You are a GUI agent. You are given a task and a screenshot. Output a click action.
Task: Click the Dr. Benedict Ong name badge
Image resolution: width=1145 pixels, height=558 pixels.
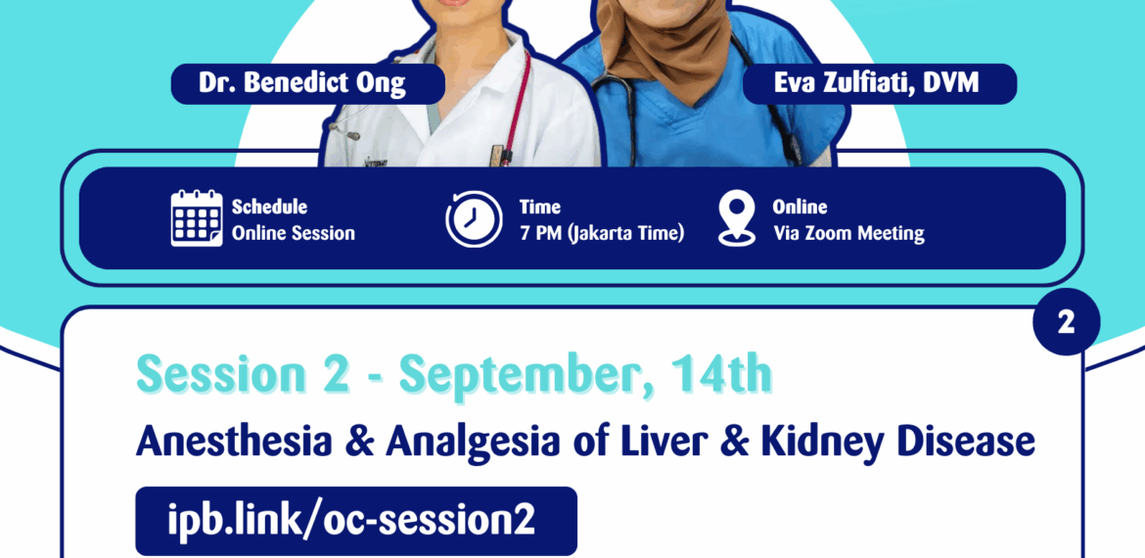[302, 83]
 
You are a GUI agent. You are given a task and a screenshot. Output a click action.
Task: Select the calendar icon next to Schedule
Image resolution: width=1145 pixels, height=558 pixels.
[197, 218]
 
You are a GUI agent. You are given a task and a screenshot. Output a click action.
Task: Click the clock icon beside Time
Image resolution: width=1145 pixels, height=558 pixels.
[475, 219]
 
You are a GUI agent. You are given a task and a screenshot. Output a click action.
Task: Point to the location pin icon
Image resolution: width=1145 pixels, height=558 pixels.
[736, 218]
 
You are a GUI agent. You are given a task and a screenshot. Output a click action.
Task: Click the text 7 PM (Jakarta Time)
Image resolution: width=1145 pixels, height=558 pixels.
[602, 233]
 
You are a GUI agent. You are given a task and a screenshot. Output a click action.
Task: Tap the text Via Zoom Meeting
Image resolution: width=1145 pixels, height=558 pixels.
[848, 233]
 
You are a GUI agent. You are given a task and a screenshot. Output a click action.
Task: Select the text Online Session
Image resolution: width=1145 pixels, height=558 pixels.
[294, 233]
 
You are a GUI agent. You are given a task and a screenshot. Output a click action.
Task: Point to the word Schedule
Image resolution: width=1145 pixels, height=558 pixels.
[269, 207]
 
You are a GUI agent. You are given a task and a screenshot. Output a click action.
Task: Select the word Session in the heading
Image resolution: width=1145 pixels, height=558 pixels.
[206, 376]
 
